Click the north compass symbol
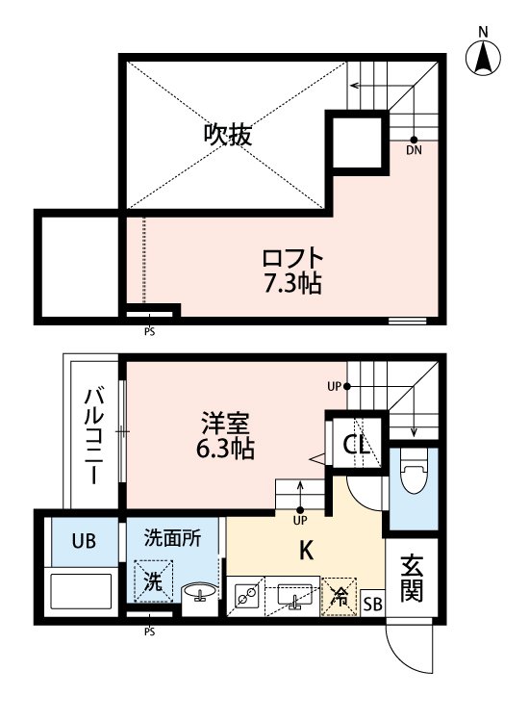(484, 57)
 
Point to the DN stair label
(414, 151)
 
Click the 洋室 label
(227, 423)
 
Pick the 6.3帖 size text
(227, 448)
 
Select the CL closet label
(357, 446)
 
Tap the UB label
(82, 541)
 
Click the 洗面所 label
(173, 539)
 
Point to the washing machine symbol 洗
(154, 581)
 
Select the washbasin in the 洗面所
(199, 591)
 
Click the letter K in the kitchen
(306, 552)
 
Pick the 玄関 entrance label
(414, 578)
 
